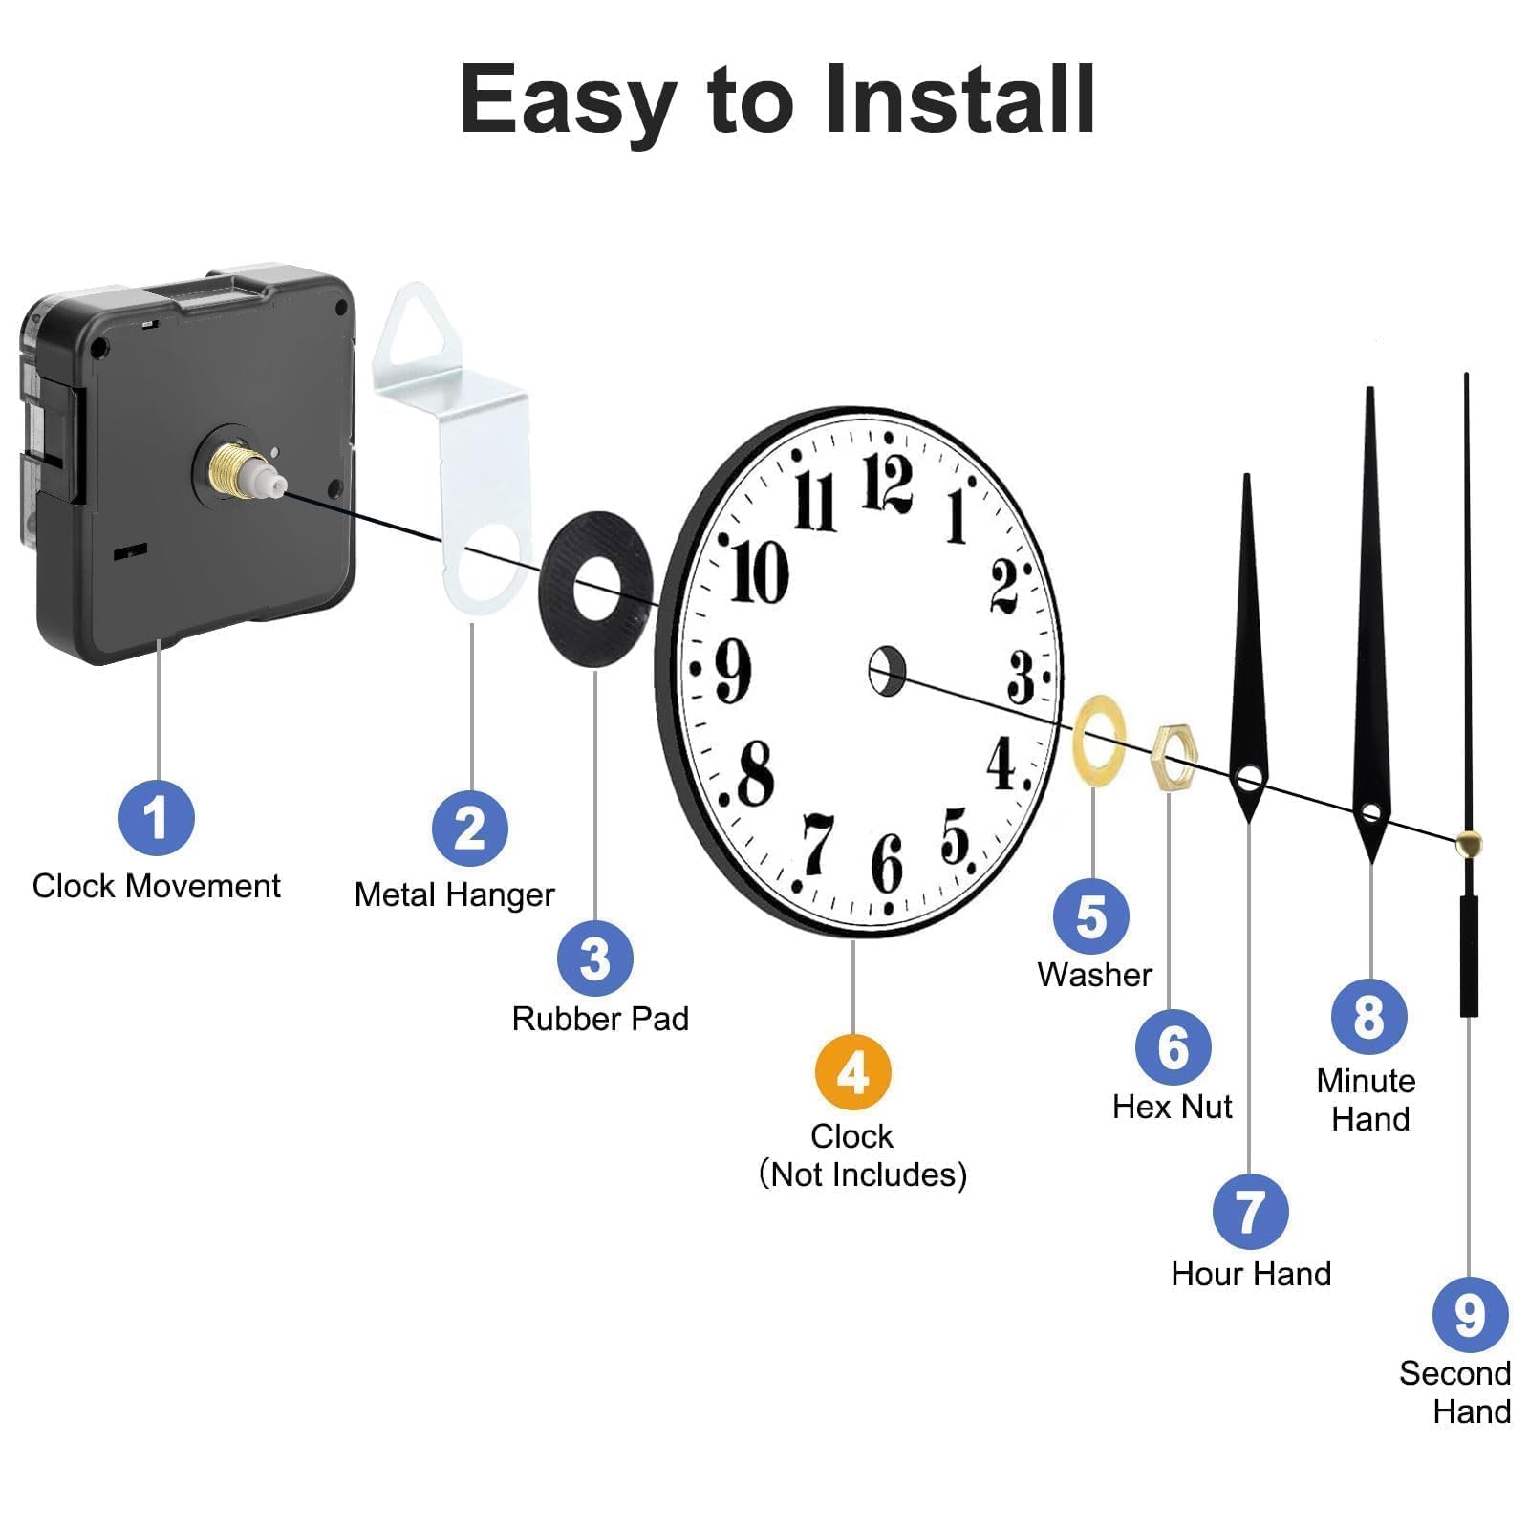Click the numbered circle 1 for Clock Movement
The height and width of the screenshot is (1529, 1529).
(156, 818)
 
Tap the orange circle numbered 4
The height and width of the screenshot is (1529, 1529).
(852, 1072)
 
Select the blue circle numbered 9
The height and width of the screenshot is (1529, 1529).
(1470, 1315)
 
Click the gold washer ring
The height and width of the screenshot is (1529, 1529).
(1099, 741)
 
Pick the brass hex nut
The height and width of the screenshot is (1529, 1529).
(1174, 758)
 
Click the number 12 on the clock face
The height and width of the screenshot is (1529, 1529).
(887, 484)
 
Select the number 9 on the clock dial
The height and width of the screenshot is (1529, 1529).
(733, 670)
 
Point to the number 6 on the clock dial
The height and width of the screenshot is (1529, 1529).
(887, 863)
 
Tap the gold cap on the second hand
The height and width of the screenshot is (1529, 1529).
(1469, 843)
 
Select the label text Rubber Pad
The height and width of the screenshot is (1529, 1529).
(600, 1019)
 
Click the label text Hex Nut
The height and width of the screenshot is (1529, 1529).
(1173, 1107)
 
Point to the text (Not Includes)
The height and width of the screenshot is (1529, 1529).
(863, 1174)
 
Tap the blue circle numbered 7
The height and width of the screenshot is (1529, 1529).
(1250, 1212)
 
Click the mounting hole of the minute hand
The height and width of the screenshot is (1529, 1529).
(1371, 813)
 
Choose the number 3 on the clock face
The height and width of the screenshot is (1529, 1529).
(1021, 677)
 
